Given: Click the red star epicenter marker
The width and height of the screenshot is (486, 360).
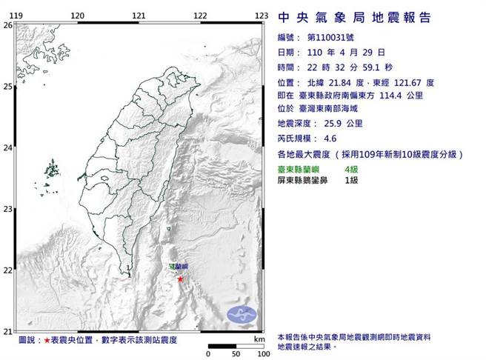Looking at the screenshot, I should tap(180, 279).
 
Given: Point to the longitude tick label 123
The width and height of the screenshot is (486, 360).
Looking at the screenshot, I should tap(261, 15).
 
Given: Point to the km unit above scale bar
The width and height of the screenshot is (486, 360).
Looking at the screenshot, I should tap(259, 339).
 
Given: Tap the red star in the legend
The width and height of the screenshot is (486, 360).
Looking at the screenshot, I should tap(48, 339).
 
